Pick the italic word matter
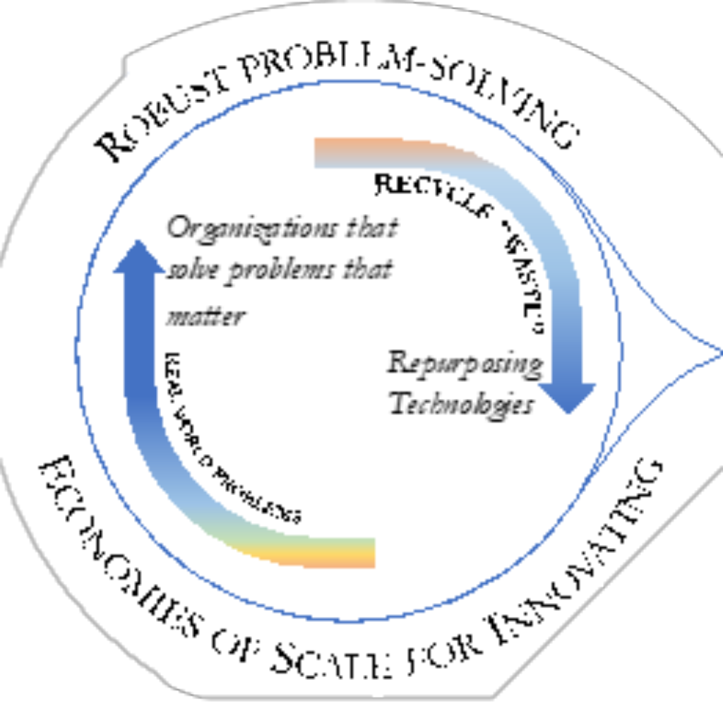(205, 316)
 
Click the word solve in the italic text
(189, 273)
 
